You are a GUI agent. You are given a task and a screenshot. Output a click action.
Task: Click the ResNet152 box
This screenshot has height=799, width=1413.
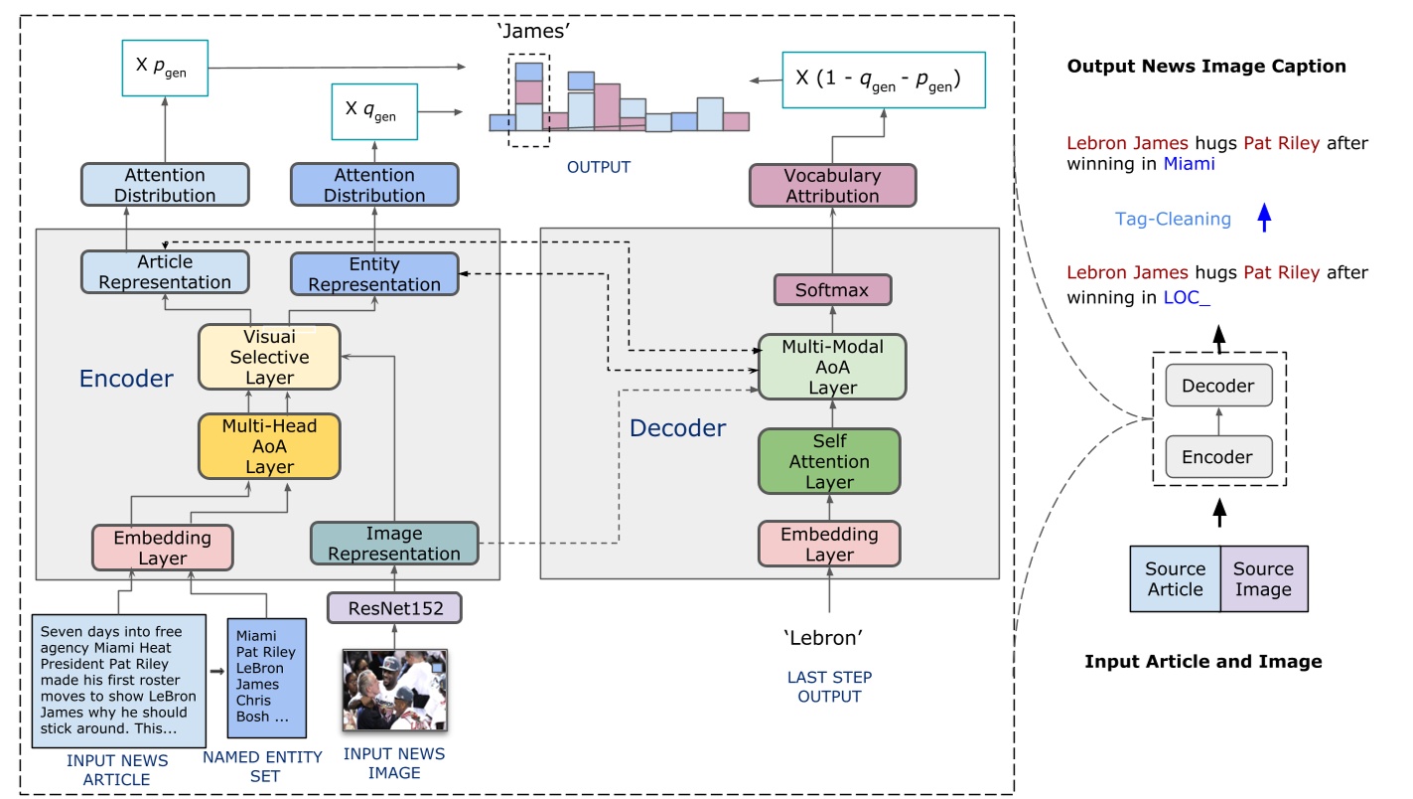click(x=394, y=607)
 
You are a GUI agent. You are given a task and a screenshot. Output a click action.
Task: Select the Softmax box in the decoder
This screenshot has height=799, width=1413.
click(x=832, y=291)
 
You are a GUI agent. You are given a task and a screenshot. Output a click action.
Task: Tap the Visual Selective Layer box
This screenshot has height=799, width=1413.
click(x=269, y=357)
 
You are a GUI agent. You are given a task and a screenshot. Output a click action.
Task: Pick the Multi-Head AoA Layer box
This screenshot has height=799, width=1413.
click(x=269, y=446)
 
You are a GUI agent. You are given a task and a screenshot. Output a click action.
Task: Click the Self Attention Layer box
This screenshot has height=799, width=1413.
click(x=829, y=461)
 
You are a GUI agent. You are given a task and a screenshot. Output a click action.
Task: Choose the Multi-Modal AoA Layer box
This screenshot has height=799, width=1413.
click(x=832, y=367)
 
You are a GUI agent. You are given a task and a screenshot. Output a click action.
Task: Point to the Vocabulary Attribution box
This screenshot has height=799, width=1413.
click(x=832, y=186)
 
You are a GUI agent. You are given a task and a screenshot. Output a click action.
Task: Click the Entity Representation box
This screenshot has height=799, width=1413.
click(x=374, y=274)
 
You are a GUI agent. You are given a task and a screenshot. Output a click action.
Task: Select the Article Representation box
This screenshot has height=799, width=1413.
click(x=165, y=271)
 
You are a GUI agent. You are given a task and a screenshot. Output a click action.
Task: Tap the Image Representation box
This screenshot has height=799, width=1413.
click(x=394, y=544)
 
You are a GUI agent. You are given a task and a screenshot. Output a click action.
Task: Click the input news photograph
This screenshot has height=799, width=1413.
click(x=394, y=691)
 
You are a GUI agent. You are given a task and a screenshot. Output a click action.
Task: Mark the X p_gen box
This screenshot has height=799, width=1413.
click(x=165, y=69)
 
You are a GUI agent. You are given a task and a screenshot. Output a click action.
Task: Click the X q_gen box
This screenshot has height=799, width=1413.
click(x=373, y=112)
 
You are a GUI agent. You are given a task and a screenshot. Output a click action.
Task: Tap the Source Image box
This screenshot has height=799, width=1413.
click(x=1263, y=578)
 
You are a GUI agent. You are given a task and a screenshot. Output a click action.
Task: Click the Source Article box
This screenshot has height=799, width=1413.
click(x=1175, y=578)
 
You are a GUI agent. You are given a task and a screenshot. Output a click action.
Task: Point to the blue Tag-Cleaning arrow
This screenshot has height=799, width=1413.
click(x=1264, y=218)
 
